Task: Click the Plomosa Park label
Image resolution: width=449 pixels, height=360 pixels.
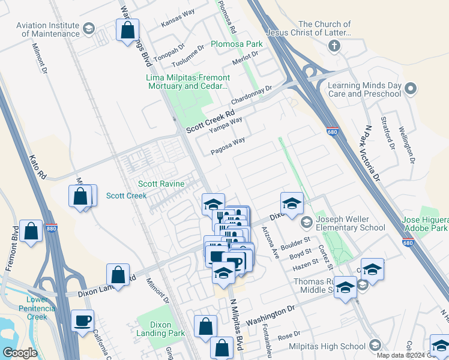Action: (x=237, y=44)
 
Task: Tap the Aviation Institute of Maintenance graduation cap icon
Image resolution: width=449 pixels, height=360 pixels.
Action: (x=89, y=28)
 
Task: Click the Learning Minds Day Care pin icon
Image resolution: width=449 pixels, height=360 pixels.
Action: (x=411, y=89)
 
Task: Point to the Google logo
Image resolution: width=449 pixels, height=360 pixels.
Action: (x=20, y=353)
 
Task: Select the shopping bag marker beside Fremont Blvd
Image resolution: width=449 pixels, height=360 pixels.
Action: (x=31, y=232)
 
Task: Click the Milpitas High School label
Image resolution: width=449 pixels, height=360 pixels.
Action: (x=327, y=346)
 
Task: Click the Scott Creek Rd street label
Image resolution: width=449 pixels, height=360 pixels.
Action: (x=209, y=119)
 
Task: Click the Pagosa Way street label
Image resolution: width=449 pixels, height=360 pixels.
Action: (x=228, y=146)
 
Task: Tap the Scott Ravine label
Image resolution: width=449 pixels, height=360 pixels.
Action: (x=161, y=184)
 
